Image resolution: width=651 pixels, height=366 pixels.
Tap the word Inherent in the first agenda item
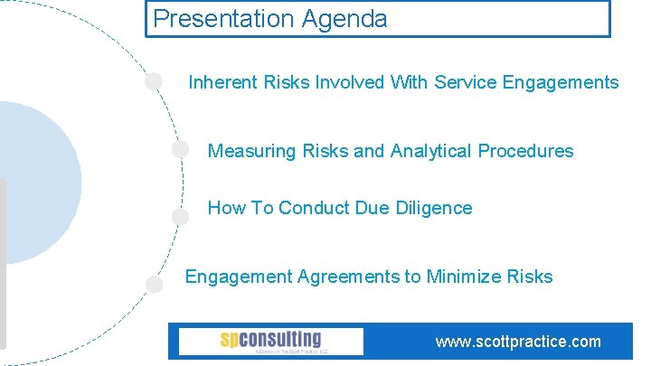pos(223,83)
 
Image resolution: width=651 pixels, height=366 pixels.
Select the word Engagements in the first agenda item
pos(561,83)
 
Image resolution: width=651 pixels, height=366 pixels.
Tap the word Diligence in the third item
pos(435,208)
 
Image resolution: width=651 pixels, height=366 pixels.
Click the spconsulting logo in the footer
pos(270,341)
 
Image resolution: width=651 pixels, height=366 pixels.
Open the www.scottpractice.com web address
pos(517,342)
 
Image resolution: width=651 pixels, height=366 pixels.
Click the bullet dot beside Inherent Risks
pos(154,81)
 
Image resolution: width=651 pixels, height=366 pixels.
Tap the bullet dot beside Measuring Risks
pos(180,149)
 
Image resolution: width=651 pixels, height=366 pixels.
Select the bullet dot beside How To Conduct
pos(180,216)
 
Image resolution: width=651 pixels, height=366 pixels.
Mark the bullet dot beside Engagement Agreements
pos(154,284)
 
